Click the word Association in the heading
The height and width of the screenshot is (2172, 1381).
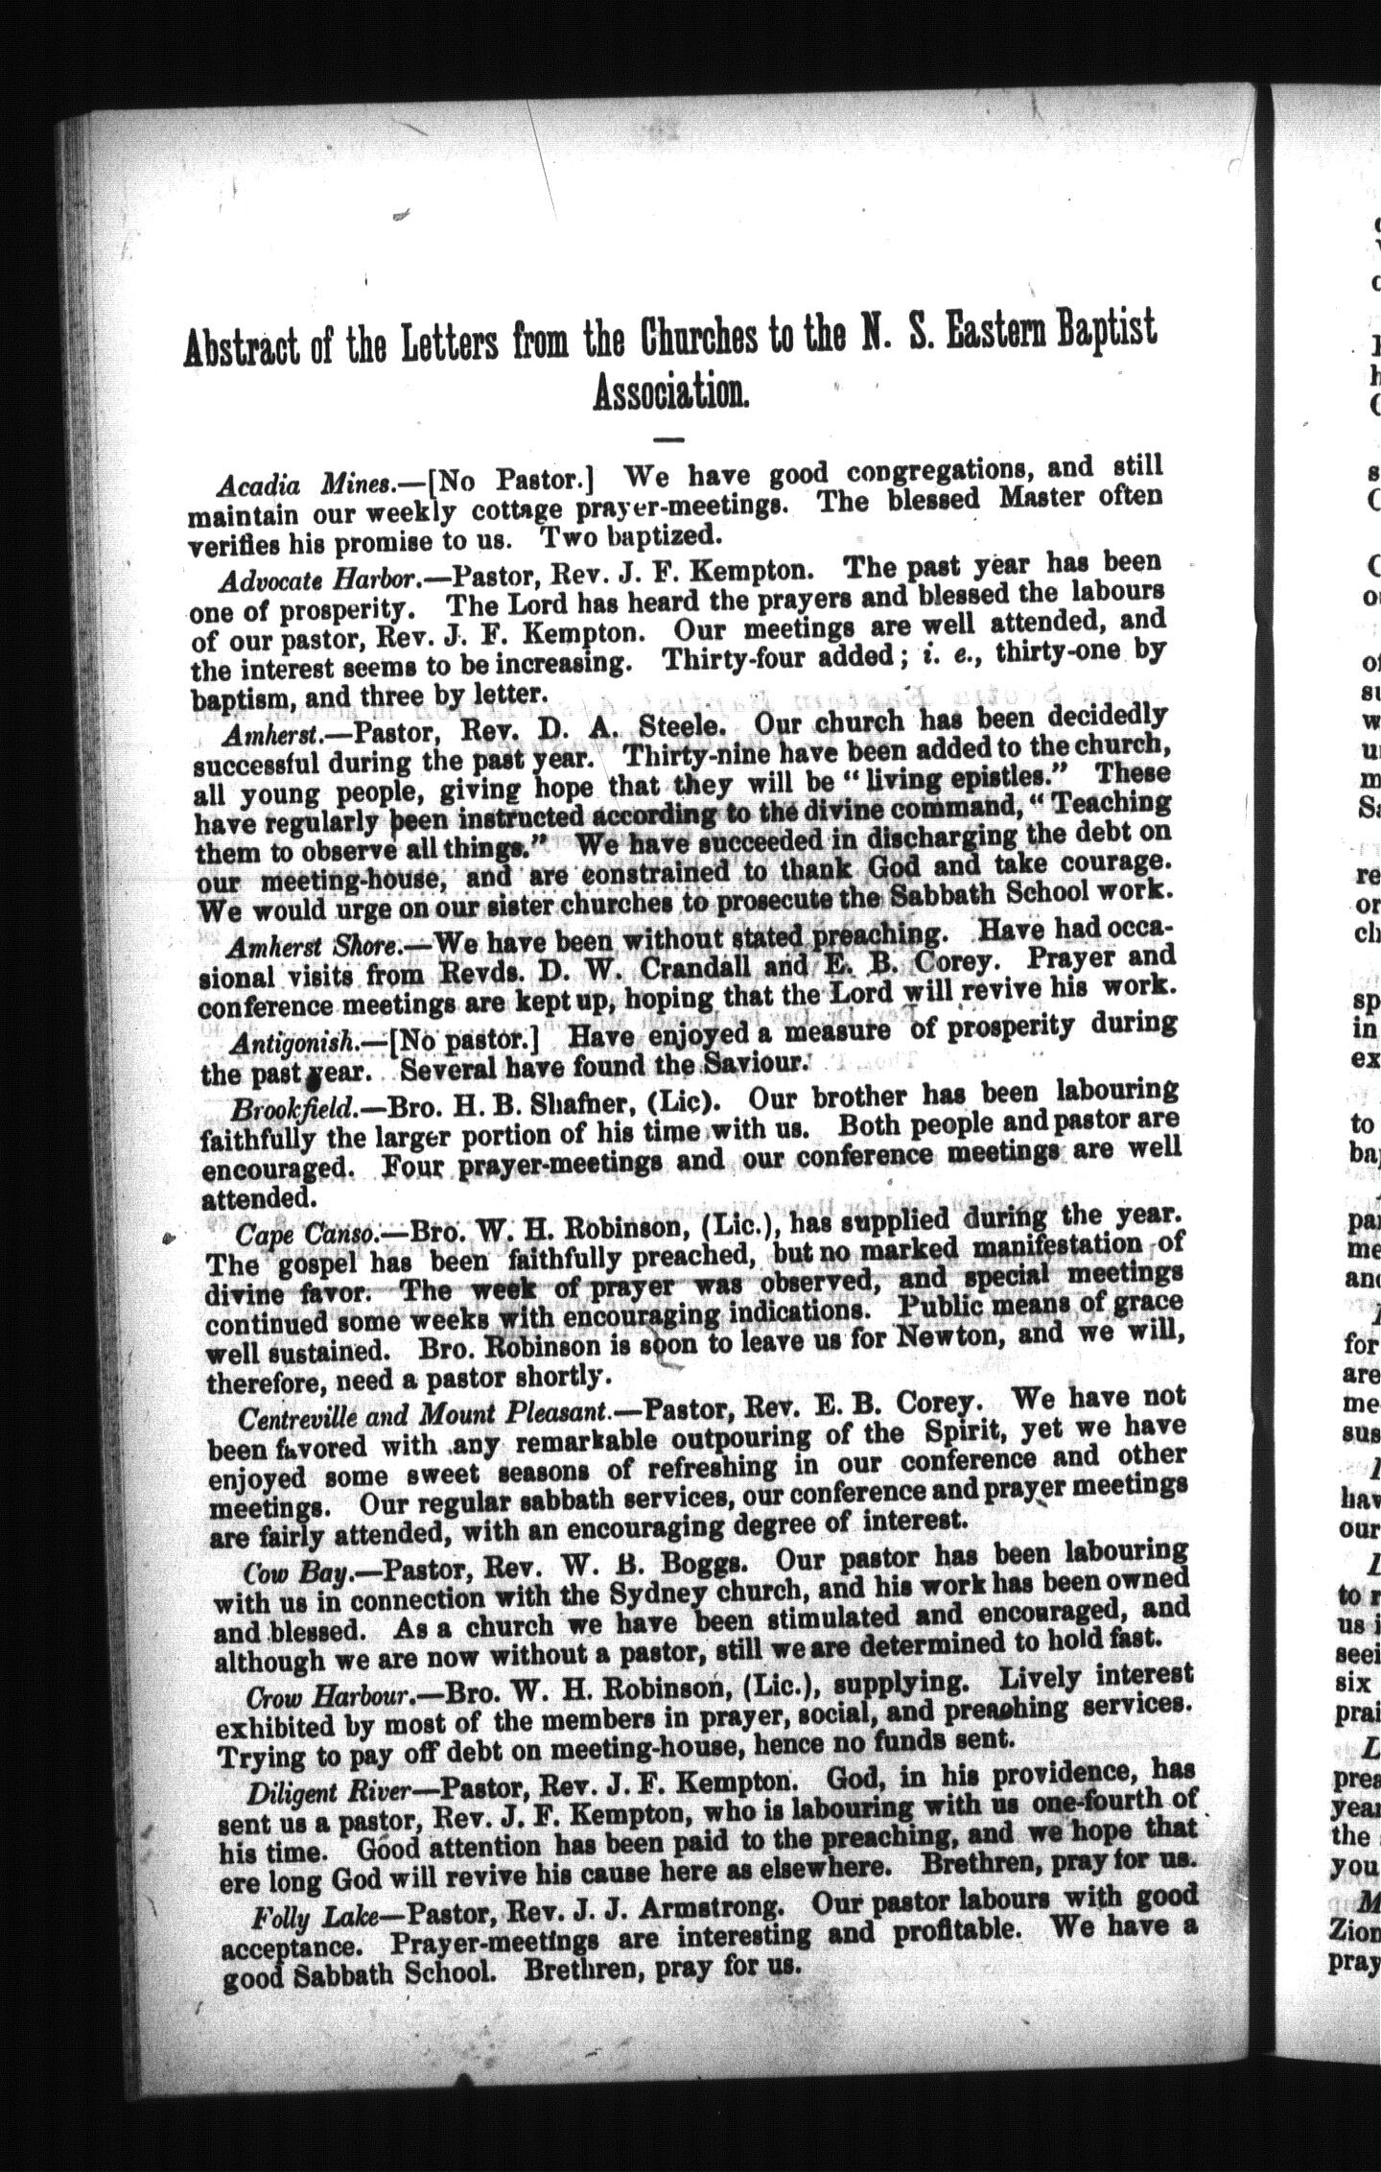pyautogui.click(x=670, y=392)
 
